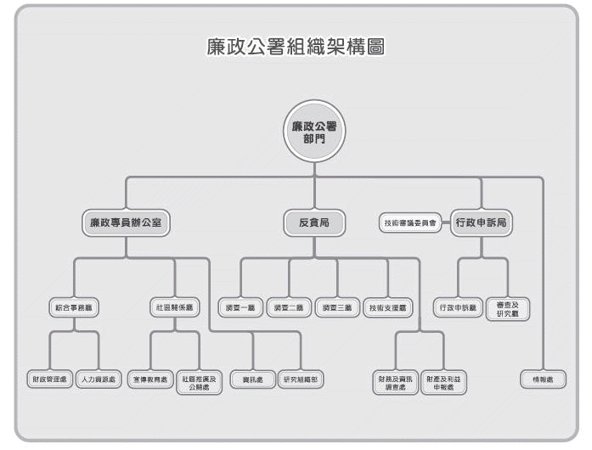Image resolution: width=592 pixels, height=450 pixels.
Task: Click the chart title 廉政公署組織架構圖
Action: pyautogui.click(x=296, y=48)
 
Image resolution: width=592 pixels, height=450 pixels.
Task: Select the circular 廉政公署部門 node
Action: pyautogui.click(x=313, y=132)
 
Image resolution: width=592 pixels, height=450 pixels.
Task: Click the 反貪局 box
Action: pyautogui.click(x=313, y=222)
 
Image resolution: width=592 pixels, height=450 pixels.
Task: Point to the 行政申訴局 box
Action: pyautogui.click(x=481, y=222)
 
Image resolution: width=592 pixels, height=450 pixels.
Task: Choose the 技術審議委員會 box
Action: pyautogui.click(x=409, y=222)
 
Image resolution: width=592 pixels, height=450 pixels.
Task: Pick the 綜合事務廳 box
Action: pyautogui.click(x=73, y=307)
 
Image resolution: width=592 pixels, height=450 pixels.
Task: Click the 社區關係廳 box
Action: pyautogui.click(x=175, y=307)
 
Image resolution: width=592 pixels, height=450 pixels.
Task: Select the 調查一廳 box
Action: pyautogui.click(x=240, y=307)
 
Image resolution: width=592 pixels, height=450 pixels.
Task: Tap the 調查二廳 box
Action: pyautogui.click(x=289, y=307)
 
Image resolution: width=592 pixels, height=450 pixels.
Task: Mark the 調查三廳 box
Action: pyautogui.click(x=337, y=307)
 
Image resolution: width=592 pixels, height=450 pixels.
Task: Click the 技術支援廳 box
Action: pyautogui.click(x=387, y=307)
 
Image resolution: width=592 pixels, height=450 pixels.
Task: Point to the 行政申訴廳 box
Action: pyautogui.click(x=459, y=307)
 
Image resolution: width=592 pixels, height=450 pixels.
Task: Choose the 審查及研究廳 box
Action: pyautogui.click(x=508, y=307)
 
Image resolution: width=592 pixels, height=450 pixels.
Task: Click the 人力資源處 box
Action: pyautogui.click(x=99, y=379)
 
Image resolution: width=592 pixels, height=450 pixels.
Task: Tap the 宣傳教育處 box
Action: pyautogui.click(x=151, y=379)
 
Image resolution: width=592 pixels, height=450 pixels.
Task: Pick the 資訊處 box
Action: pyautogui.click(x=252, y=379)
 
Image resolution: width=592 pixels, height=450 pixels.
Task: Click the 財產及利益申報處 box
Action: pyautogui.click(x=445, y=381)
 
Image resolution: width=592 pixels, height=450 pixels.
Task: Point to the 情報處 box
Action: pyautogui.click(x=544, y=379)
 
